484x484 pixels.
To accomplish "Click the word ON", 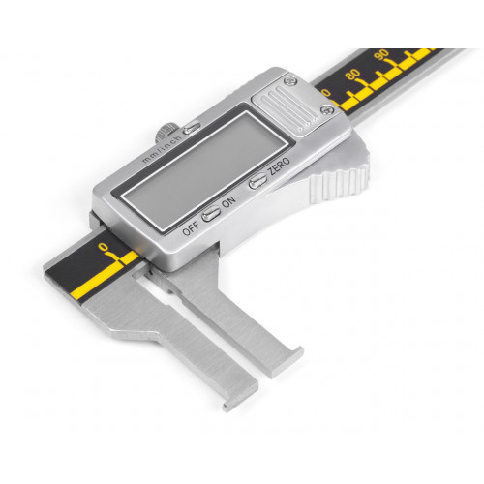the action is click(x=228, y=202).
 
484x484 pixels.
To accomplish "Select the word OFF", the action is click(x=191, y=228).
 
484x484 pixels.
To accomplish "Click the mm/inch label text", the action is click(x=162, y=149).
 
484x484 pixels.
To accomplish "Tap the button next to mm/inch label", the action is click(x=192, y=128).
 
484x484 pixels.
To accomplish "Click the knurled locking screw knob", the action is click(x=166, y=133).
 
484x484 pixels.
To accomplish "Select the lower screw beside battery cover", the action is click(x=326, y=110).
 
